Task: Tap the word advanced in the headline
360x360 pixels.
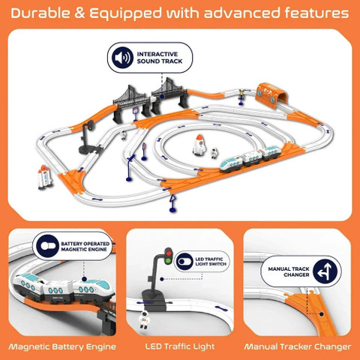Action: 236,13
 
